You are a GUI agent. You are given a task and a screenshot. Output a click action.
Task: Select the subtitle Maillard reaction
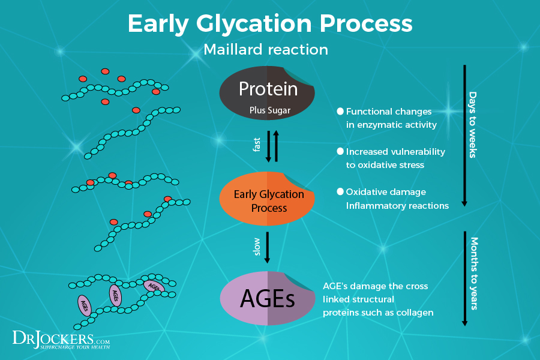266,49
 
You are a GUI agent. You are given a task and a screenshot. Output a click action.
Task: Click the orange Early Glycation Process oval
268,201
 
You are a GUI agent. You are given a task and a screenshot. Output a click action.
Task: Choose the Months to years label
473,274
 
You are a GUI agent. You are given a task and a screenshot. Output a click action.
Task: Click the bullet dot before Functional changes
340,112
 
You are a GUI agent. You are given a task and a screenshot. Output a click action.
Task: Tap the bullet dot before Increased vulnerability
340,152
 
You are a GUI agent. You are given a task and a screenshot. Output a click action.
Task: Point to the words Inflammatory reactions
397,206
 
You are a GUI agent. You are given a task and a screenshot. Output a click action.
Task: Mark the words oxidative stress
392,165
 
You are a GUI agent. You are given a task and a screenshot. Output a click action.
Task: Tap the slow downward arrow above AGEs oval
268,246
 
